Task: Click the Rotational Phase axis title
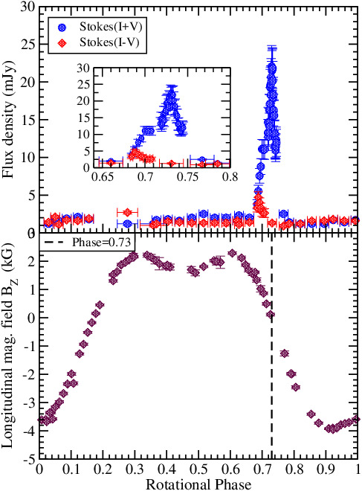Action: [198, 483]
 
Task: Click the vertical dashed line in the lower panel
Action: [272, 357]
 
